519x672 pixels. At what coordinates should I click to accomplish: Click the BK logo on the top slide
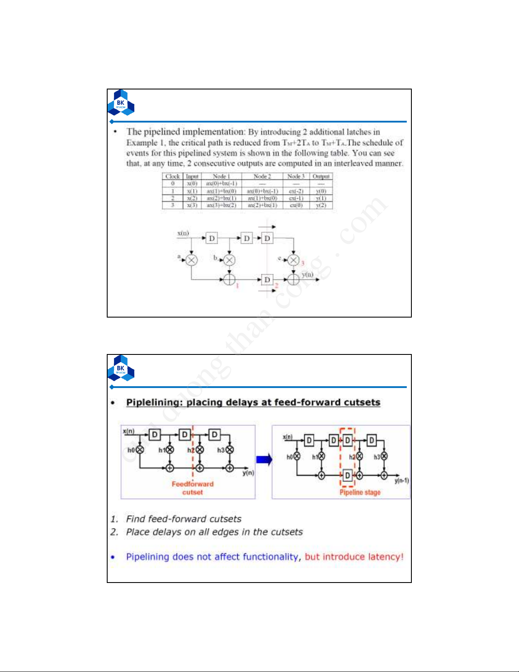[x=121, y=103]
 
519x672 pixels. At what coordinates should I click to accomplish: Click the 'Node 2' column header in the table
[x=262, y=176]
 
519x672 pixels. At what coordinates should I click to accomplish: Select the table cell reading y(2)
[x=321, y=205]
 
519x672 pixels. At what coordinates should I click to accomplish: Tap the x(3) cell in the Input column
[x=192, y=205]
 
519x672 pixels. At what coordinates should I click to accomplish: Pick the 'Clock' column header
[x=172, y=176]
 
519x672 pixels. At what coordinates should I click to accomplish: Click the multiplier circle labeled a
[x=192, y=260]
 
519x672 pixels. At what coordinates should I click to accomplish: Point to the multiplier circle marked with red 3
[x=293, y=260]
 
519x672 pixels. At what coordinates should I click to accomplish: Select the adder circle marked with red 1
[x=229, y=279]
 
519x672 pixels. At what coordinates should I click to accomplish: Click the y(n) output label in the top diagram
[x=308, y=275]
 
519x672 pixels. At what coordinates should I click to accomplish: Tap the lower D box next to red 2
[x=267, y=280]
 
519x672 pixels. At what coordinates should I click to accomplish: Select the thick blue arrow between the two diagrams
[x=264, y=460]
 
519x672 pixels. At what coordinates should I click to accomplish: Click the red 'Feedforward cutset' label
[x=192, y=488]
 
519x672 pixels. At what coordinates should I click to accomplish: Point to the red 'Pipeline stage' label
[x=360, y=492]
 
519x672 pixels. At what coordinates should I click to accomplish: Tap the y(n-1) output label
[x=401, y=481]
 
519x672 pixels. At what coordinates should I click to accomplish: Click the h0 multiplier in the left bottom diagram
[x=140, y=450]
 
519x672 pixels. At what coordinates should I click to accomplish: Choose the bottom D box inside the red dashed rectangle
[x=347, y=475]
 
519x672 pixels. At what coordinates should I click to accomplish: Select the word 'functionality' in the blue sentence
[x=272, y=557]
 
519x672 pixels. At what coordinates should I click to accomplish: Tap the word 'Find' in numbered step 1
[x=136, y=519]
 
